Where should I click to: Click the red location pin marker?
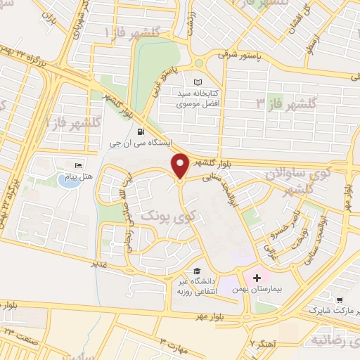pos(180,166)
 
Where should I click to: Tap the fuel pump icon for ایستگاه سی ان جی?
pos(141,131)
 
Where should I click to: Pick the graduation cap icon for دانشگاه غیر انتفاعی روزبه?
pos(197,271)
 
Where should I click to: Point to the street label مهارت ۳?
pos(172,342)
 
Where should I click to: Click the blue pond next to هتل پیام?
pos(68,181)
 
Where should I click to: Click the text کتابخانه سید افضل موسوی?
pos(207,99)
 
